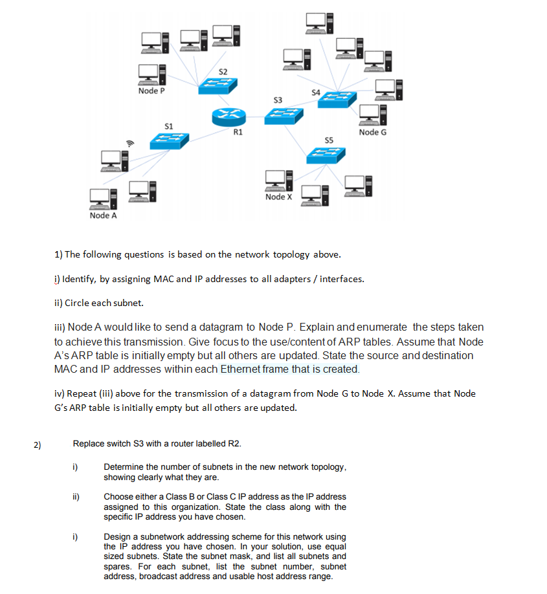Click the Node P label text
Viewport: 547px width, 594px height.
[151, 91]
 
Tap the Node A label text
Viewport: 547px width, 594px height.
[104, 215]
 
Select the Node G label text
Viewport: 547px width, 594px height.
[372, 132]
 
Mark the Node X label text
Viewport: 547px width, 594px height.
[279, 197]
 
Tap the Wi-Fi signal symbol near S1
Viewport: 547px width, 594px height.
[131, 140]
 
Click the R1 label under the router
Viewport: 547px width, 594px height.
[238, 133]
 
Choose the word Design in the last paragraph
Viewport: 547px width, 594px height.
[117, 536]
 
